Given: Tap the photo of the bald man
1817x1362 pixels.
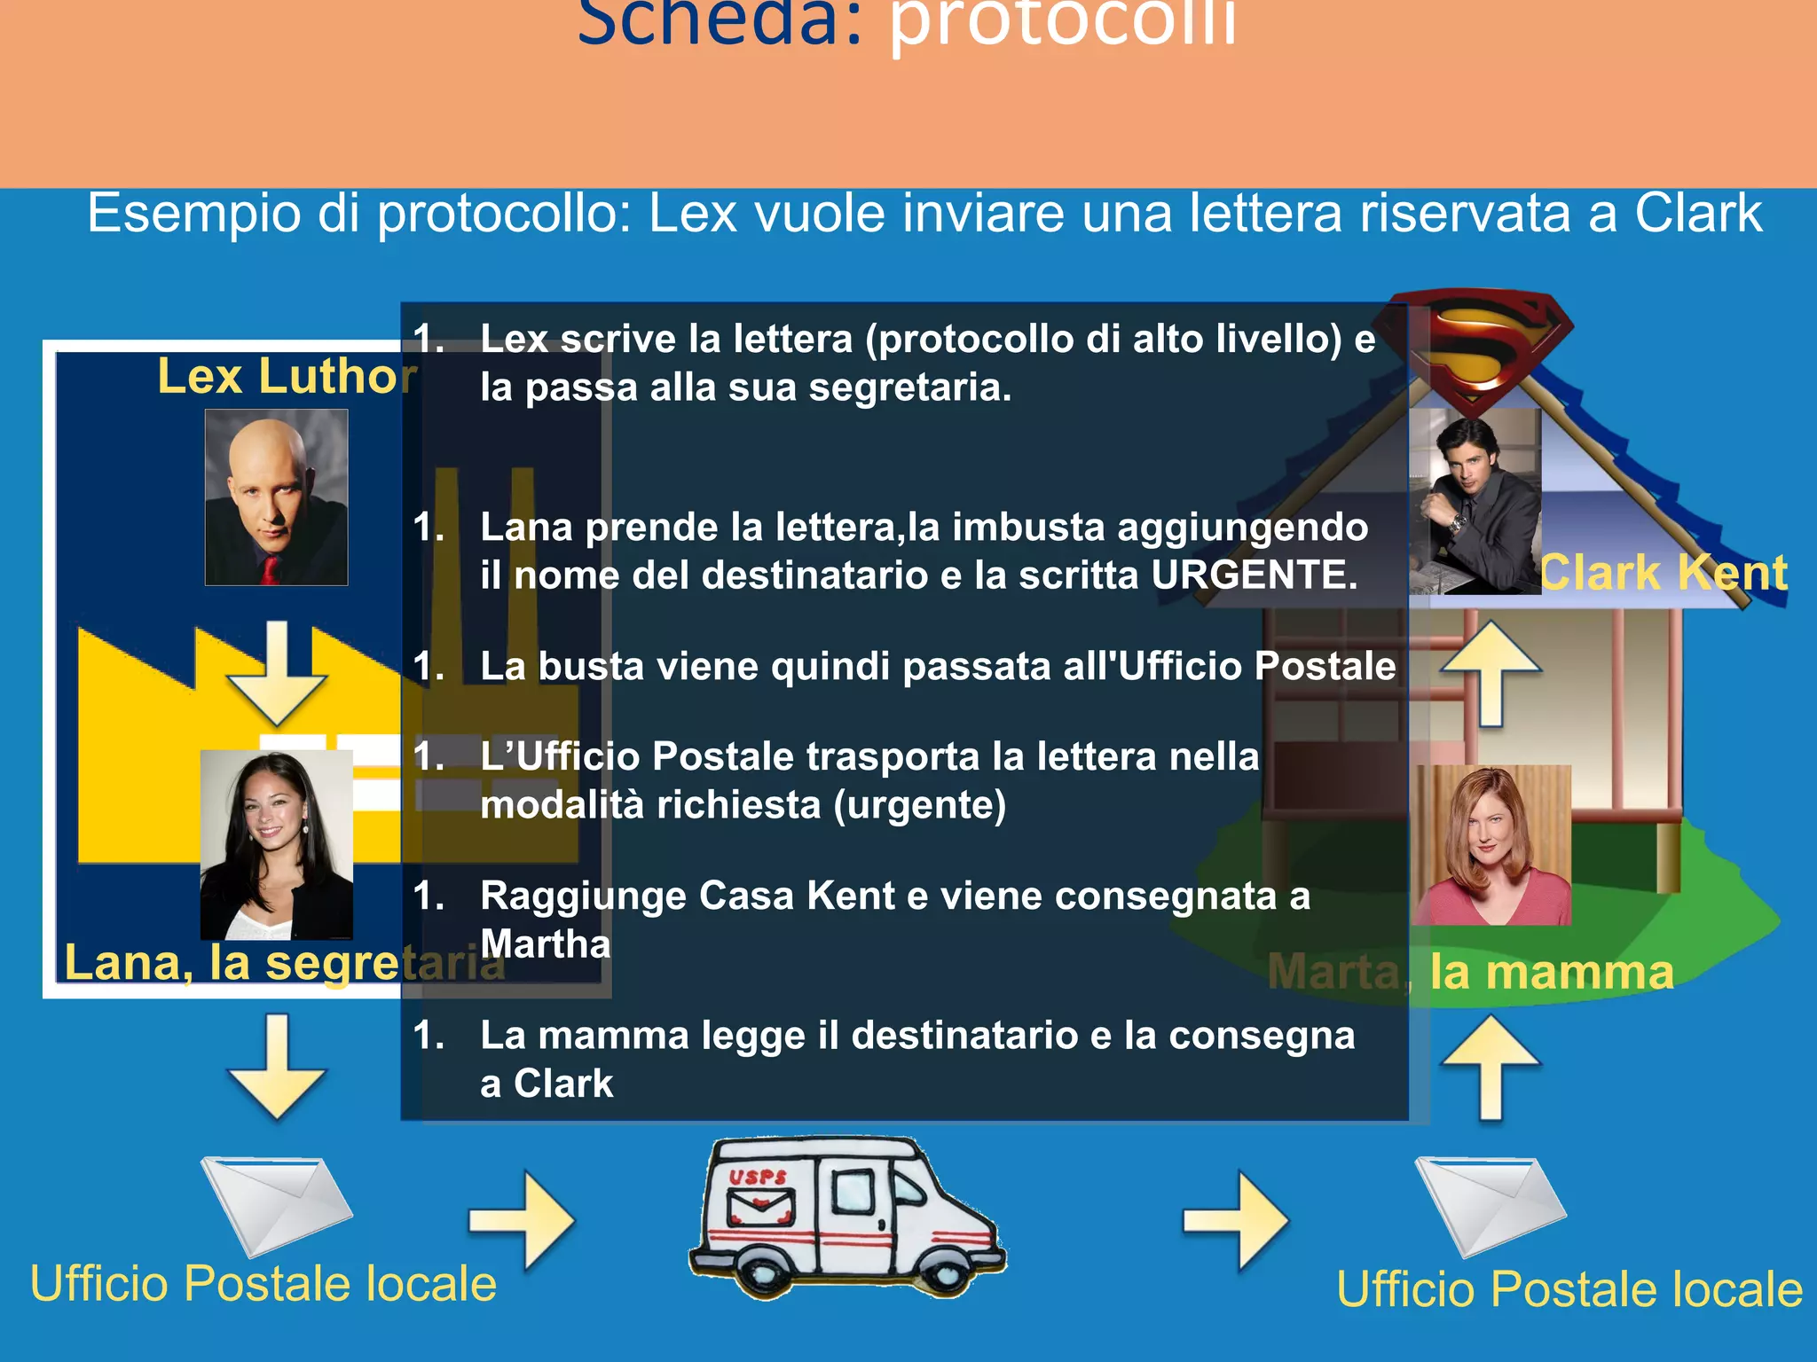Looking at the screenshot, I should (276, 497).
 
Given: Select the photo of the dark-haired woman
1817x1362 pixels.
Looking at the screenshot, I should (276, 844).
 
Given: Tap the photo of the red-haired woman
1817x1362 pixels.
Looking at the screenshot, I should (1492, 845).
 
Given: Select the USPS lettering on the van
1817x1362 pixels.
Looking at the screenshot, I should (759, 1177).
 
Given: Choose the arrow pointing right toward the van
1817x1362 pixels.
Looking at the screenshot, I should (523, 1219).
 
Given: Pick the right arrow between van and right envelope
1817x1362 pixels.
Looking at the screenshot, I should (1237, 1220).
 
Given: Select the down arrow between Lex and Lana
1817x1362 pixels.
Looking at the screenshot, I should (277, 673).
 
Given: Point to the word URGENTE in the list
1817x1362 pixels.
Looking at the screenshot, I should (1254, 575).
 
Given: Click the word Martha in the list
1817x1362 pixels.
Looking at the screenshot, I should (545, 943).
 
